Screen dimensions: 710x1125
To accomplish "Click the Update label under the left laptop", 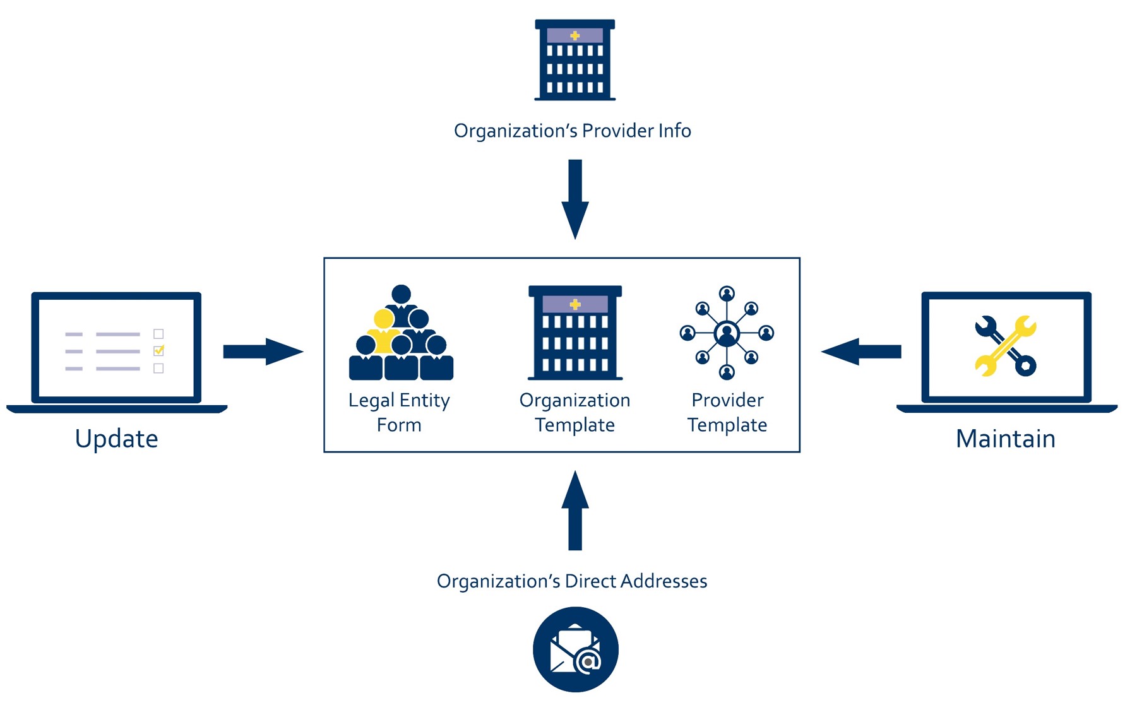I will click(116, 439).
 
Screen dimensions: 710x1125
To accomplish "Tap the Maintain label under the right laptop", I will click(1005, 439).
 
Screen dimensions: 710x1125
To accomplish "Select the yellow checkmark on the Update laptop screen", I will click(159, 350).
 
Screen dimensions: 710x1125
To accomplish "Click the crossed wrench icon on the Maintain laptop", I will click(1005, 346).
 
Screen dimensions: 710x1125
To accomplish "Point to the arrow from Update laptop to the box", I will click(263, 352).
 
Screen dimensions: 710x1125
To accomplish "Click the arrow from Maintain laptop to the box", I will click(861, 352).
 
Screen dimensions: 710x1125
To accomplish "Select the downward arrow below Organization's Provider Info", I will click(575, 199).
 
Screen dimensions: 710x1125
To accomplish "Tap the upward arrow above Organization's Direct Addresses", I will click(575, 511).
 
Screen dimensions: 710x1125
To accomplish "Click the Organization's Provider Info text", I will click(572, 131).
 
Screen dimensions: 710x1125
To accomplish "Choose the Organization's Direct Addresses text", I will click(572, 581).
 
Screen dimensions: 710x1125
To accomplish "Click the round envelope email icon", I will click(575, 649).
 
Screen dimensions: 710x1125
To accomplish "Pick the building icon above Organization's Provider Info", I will click(575, 61).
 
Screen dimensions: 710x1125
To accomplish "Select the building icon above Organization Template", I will click(575, 333).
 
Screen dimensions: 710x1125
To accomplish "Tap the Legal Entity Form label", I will click(399, 412).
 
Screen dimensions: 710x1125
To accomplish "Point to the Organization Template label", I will click(574, 412).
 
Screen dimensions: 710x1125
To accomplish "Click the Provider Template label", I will click(727, 412).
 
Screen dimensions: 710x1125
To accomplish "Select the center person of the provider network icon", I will click(727, 333).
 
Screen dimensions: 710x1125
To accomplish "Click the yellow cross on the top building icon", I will click(574, 36).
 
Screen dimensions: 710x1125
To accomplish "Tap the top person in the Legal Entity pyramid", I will click(401, 295).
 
